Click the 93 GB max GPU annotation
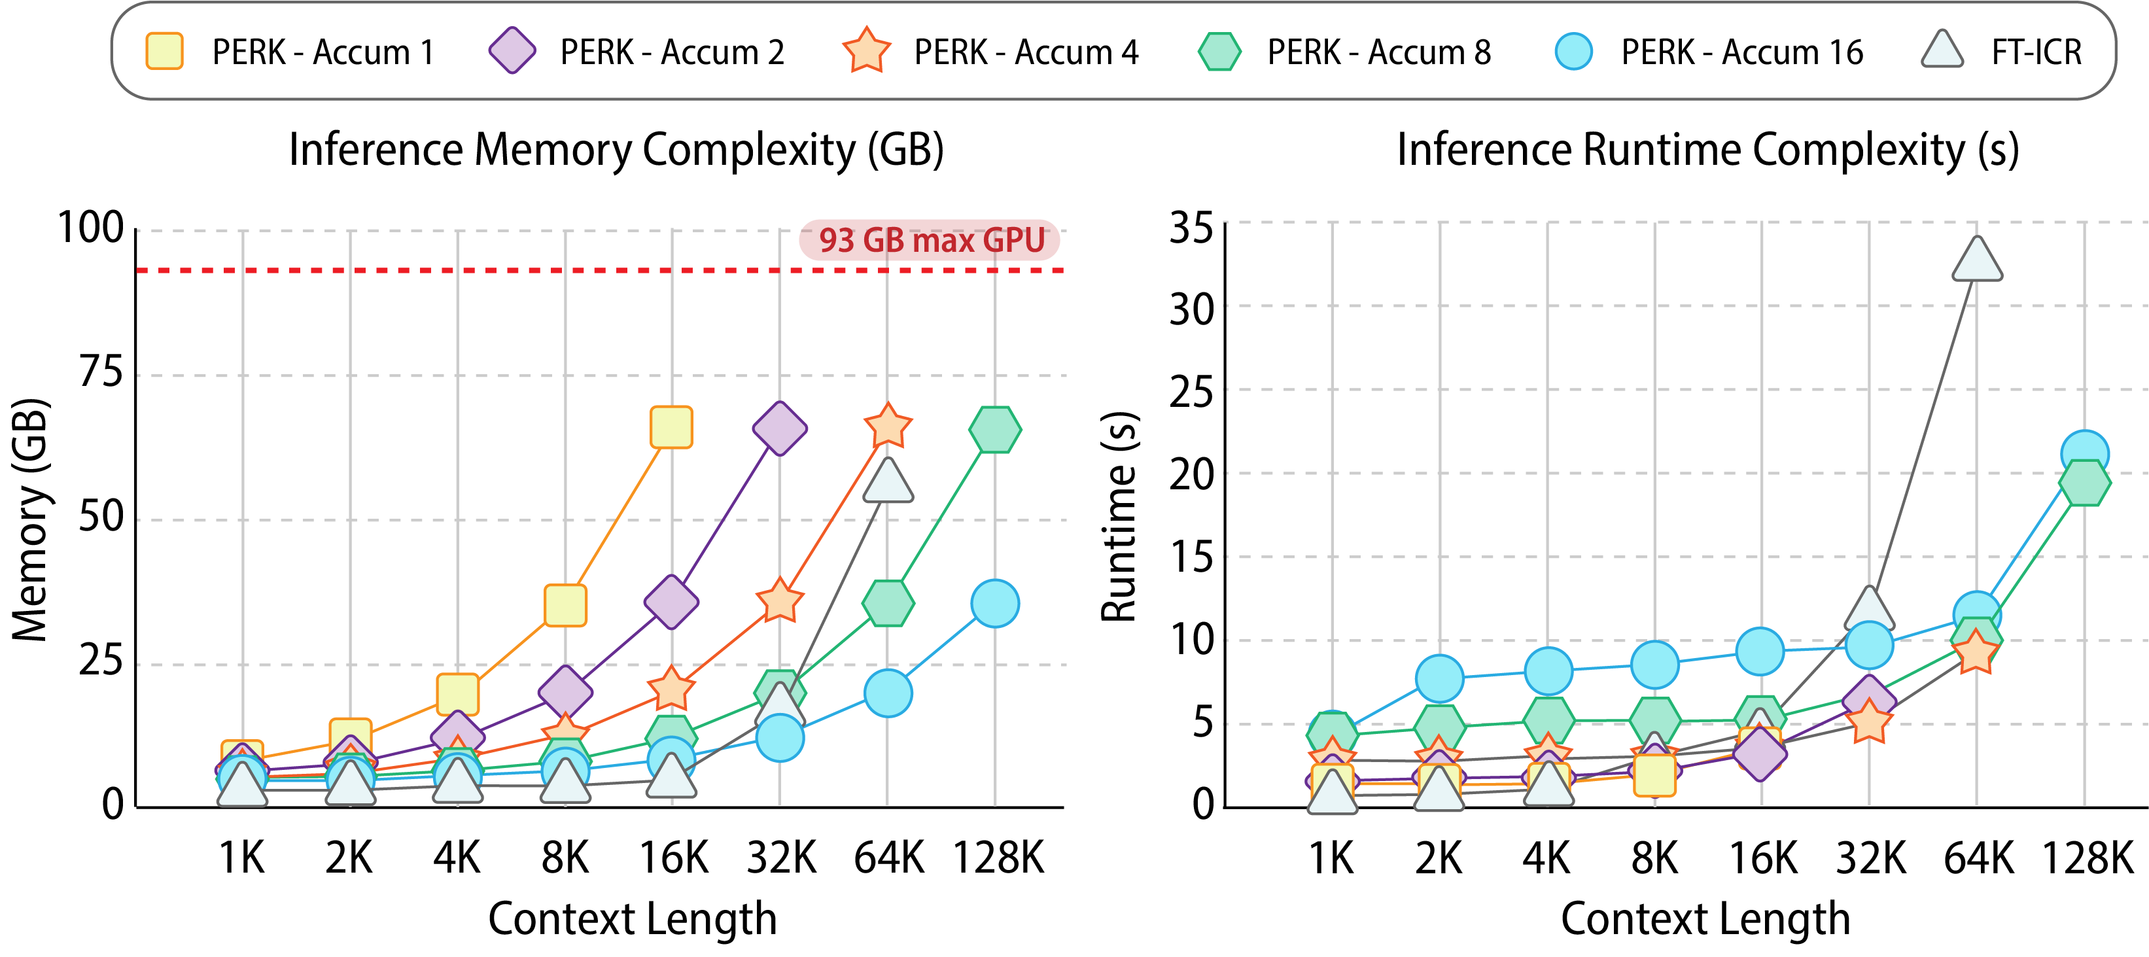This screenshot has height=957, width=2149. pos(930,240)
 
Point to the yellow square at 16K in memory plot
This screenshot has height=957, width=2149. pos(671,427)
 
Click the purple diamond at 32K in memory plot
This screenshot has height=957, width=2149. pos(779,428)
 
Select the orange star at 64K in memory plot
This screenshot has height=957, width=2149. pos(888,426)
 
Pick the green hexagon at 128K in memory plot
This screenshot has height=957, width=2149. pos(995,430)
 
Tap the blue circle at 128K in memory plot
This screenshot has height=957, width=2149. pos(995,603)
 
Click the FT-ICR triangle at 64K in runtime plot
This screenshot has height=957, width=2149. pos(1977,261)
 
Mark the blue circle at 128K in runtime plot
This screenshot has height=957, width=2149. pos(2085,454)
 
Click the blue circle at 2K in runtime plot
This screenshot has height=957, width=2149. pos(1440,678)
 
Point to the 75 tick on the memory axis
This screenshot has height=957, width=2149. pos(101,372)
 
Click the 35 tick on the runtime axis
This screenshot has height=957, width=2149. pos(1191,227)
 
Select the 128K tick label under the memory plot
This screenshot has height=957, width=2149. pos(998,858)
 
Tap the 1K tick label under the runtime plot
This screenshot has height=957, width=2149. pos(1331,858)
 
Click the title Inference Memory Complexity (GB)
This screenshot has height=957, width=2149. pos(616,150)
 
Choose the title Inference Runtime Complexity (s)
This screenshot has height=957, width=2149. pos(1707,150)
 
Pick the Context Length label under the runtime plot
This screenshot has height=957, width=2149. pos(1705,920)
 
